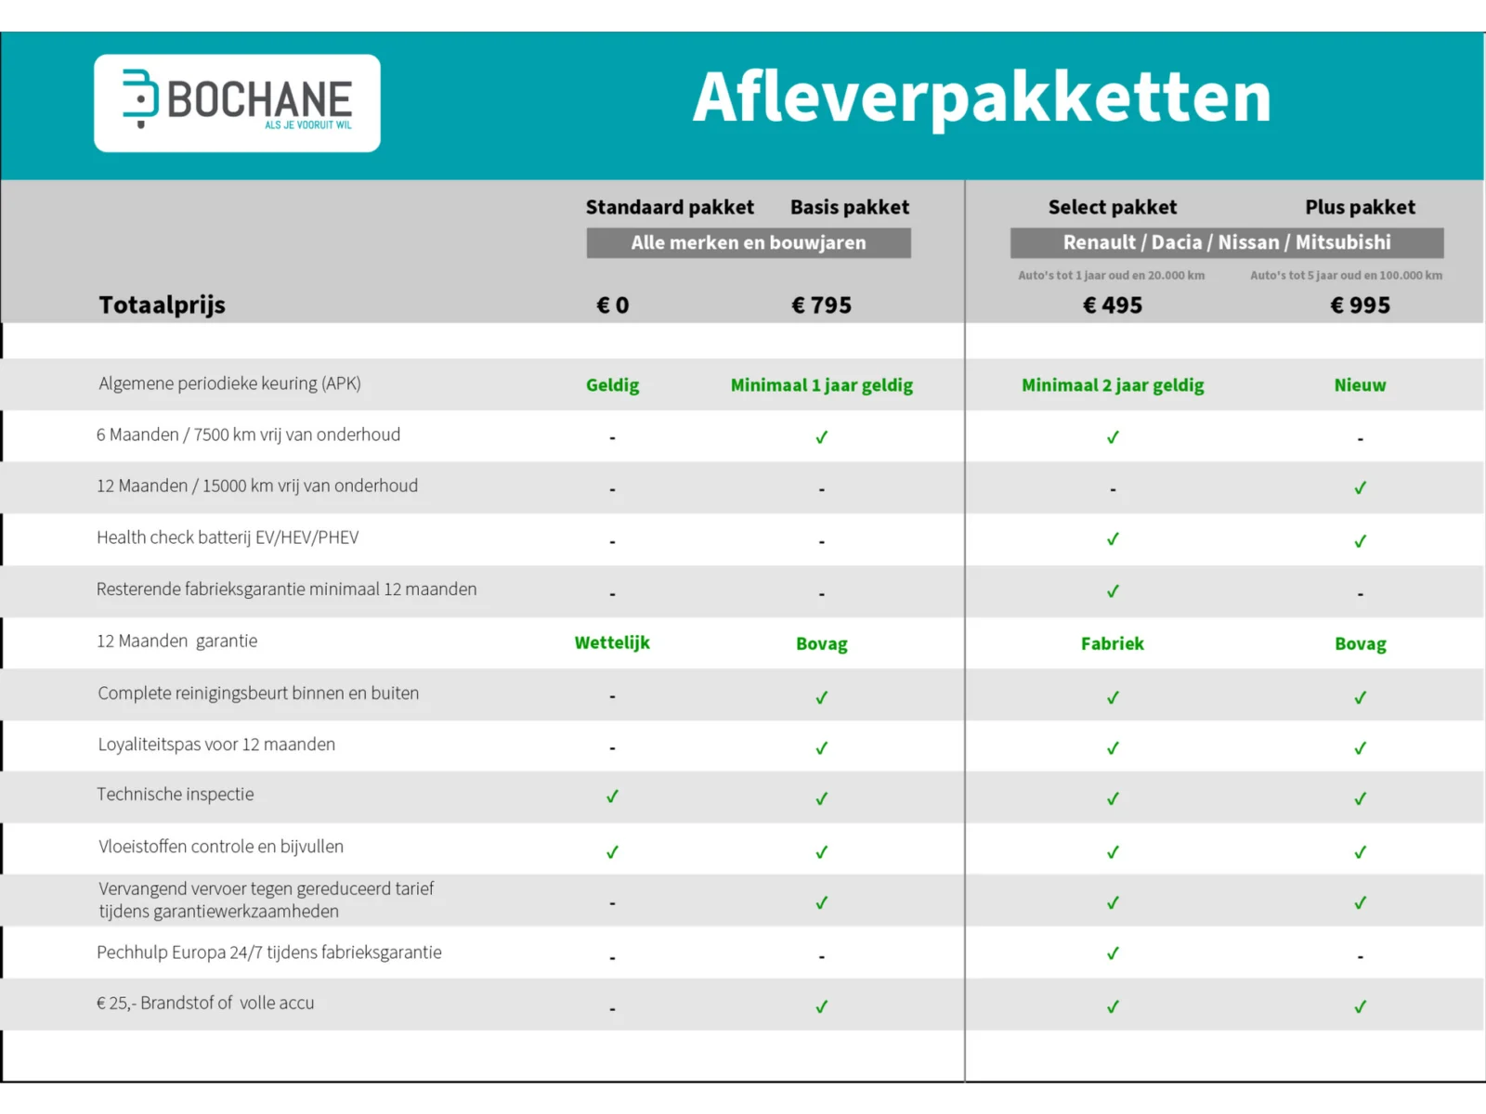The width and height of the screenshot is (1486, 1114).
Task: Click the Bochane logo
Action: pyautogui.click(x=237, y=103)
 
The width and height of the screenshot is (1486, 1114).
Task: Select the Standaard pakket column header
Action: pyautogui.click(x=670, y=207)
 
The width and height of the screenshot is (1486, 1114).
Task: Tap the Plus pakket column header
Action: pyautogui.click(x=1360, y=207)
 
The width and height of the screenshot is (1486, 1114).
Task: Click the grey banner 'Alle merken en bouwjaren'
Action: pyautogui.click(x=749, y=243)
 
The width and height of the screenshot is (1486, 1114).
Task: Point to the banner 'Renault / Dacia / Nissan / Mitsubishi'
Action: pyautogui.click(x=1227, y=243)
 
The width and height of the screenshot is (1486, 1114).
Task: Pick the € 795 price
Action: pyautogui.click(x=821, y=305)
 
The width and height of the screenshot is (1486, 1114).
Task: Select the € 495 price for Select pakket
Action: pyautogui.click(x=1113, y=305)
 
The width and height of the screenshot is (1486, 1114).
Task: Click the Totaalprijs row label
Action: pyautogui.click(x=163, y=305)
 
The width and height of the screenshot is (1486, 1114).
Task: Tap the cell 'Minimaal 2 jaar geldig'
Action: pyautogui.click(x=1113, y=385)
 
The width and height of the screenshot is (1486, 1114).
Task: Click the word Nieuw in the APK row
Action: pyautogui.click(x=1360, y=385)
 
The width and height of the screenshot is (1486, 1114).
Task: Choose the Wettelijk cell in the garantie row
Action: pyautogui.click(x=612, y=642)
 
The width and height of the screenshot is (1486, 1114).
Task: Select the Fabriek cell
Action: pyautogui.click(x=1113, y=643)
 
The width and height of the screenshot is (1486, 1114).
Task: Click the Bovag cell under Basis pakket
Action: pyautogui.click(x=821, y=643)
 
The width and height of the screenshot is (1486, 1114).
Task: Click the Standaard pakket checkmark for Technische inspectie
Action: pyautogui.click(x=612, y=797)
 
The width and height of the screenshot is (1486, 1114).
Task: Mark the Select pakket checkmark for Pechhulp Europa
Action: pyautogui.click(x=1113, y=953)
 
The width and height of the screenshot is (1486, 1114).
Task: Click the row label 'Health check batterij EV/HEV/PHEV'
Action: pyautogui.click(x=228, y=538)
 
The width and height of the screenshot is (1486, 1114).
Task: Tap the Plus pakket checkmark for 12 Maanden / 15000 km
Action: pyautogui.click(x=1360, y=488)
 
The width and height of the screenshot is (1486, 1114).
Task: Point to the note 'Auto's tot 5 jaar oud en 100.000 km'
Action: pyautogui.click(x=1346, y=276)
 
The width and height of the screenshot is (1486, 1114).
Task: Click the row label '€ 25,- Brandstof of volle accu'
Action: pyautogui.click(x=205, y=1004)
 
